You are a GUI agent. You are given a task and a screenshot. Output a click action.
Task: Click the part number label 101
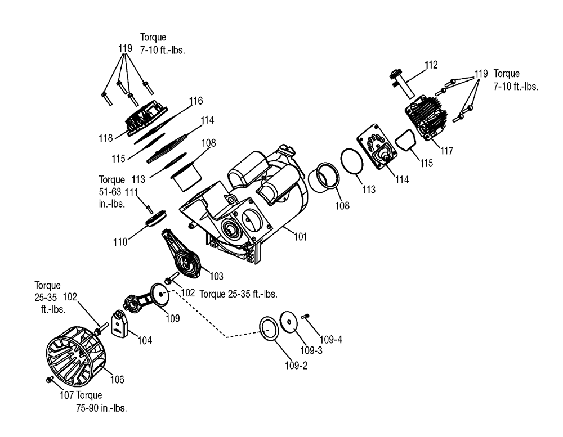301,237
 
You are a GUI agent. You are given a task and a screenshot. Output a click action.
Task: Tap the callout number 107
66,395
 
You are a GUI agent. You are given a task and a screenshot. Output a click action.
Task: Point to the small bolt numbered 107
50,379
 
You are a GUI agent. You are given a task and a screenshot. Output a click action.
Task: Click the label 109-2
296,366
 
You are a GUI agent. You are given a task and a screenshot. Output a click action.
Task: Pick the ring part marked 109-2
269,328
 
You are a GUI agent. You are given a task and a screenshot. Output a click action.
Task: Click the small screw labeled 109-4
306,316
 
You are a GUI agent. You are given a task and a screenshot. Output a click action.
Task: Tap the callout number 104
145,340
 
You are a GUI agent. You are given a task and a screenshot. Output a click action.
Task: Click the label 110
120,242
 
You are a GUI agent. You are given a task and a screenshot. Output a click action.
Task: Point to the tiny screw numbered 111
149,208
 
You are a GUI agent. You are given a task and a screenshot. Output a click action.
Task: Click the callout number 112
431,65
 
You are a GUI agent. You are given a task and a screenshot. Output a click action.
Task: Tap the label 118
106,138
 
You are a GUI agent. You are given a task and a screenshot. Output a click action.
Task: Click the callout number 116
196,101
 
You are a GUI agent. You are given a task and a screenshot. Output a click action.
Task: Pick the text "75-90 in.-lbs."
101,408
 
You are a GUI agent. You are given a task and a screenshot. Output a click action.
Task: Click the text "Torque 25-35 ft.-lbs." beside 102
238,294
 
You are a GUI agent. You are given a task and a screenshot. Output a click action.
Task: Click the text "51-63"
110,192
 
